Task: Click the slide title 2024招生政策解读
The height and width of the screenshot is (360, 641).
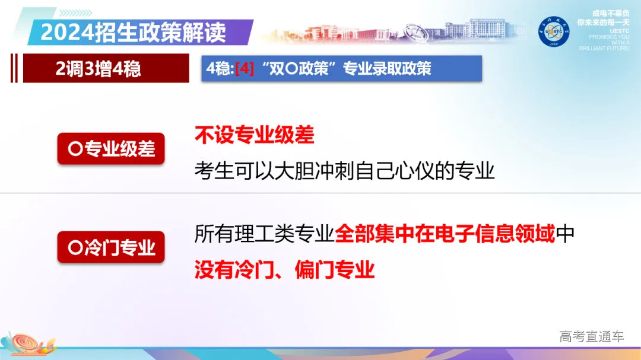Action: [133, 32]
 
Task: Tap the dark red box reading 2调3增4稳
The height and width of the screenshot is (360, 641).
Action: [99, 69]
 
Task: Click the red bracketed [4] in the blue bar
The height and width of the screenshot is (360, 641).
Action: [245, 69]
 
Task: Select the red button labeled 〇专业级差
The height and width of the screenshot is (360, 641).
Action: [111, 149]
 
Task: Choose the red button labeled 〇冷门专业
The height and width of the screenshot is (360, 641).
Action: [111, 247]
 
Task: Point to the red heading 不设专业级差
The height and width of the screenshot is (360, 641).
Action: [254, 135]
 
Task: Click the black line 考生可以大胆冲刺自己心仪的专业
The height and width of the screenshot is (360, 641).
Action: [344, 171]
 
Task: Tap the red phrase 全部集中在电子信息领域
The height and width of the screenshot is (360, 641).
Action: [445, 234]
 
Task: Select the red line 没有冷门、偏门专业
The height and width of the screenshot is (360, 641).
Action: [285, 270]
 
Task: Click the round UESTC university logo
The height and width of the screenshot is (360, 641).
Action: [554, 31]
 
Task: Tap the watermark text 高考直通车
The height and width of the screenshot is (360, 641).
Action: [591, 337]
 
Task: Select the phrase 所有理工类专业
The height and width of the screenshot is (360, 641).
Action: [264, 234]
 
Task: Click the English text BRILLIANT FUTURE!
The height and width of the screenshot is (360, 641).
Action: [605, 49]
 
